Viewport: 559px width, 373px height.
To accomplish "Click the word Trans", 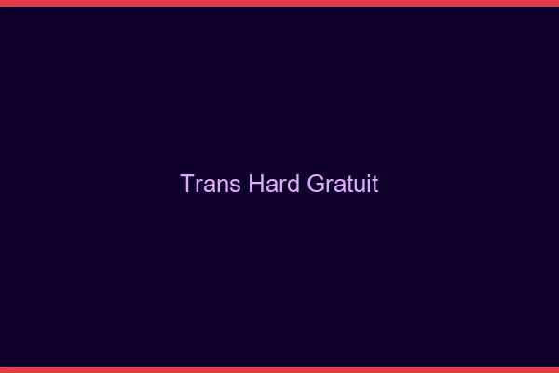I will [211, 184].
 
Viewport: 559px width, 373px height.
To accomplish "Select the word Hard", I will [276, 184].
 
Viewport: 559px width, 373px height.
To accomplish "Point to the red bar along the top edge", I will [279, 3].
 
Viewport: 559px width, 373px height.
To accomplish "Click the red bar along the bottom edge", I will [279, 369].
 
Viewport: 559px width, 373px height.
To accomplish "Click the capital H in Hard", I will [256, 184].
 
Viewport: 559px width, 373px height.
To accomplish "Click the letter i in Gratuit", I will [369, 184].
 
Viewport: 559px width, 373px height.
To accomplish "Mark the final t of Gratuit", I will [375, 184].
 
